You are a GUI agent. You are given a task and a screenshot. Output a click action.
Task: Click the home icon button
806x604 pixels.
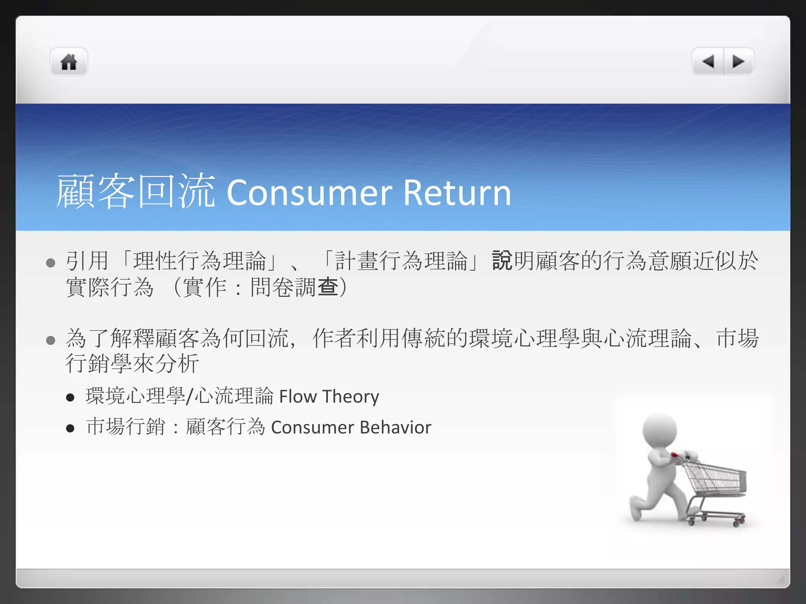[69, 62]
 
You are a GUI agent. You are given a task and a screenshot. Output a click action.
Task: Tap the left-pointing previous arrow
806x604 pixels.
[708, 62]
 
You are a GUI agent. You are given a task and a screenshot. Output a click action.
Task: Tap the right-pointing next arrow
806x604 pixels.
[738, 62]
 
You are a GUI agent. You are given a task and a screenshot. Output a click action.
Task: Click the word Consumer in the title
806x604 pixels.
[309, 193]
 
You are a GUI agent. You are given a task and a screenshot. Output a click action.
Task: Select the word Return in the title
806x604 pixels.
[457, 193]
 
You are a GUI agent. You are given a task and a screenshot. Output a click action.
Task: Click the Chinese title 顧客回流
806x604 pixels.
[136, 191]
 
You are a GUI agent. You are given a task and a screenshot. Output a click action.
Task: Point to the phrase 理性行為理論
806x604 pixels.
[200, 261]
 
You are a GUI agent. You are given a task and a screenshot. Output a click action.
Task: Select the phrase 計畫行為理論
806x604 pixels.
[401, 261]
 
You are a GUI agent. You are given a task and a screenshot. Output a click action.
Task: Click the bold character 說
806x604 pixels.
[502, 261]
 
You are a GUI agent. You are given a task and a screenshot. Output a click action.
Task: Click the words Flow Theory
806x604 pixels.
[329, 396]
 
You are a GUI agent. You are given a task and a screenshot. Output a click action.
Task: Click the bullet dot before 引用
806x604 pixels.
[50, 263]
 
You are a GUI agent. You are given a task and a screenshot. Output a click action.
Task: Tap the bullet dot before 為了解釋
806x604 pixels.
[50, 340]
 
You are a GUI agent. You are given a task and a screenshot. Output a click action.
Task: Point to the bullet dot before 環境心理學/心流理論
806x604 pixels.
[70, 398]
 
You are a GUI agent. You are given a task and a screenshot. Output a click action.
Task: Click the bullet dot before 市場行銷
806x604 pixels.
[70, 428]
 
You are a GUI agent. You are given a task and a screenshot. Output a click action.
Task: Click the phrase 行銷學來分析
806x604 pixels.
[132, 363]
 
